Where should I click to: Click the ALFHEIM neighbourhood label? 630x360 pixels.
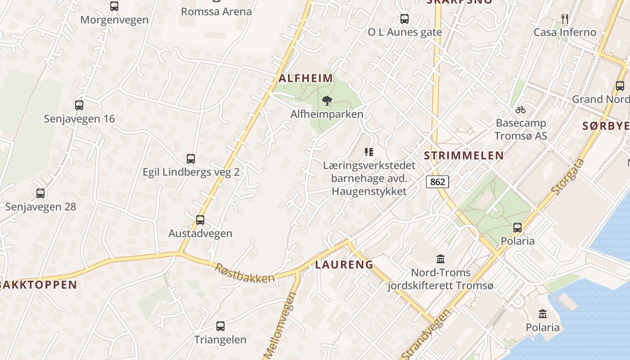[306, 78]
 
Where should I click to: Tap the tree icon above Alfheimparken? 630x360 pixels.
[327, 101]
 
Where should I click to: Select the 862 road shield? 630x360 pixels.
[437, 181]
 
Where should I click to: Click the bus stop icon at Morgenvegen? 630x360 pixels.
[114, 6]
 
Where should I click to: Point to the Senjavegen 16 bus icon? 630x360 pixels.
[79, 105]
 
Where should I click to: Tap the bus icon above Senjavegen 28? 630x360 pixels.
[40, 193]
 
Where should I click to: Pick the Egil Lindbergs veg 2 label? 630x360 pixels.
[191, 172]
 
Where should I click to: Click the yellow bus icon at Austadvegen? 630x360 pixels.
[200, 220]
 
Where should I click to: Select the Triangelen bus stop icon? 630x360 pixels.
[220, 326]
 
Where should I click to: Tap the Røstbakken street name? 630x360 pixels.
[244, 273]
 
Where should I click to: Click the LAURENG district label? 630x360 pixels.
[344, 265]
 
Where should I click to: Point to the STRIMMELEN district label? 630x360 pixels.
[464, 156]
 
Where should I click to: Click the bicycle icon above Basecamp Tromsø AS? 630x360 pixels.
[521, 110]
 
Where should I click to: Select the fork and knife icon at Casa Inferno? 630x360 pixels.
[565, 18]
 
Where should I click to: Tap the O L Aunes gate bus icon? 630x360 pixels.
[405, 18]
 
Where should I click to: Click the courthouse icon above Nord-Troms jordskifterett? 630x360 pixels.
[441, 259]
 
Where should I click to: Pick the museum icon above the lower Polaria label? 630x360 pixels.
[543, 314]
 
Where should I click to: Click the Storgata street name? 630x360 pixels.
[568, 176]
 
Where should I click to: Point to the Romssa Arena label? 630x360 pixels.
[216, 12]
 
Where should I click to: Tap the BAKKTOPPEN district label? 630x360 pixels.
[38, 285]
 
